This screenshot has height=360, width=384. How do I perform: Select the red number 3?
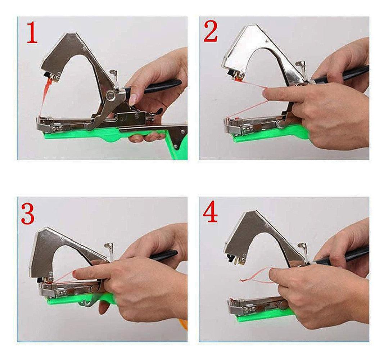click(x=28, y=215)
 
